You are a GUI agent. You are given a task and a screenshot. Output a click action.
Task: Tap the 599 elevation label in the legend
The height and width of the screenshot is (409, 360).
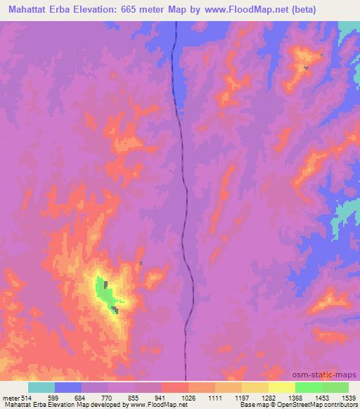pos(54,398)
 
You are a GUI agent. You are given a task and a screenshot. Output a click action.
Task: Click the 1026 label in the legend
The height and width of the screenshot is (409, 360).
pos(189,398)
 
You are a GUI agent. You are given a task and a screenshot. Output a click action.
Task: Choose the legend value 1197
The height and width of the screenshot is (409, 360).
pos(243,398)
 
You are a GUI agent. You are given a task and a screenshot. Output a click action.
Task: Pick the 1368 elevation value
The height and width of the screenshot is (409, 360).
pos(295,398)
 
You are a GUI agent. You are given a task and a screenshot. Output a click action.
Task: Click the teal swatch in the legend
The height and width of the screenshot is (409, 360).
pos(41,387)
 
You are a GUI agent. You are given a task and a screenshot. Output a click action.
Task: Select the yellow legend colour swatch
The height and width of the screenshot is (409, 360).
pos(281,387)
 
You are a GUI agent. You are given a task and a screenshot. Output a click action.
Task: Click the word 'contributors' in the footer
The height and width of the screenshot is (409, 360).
pos(341,405)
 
